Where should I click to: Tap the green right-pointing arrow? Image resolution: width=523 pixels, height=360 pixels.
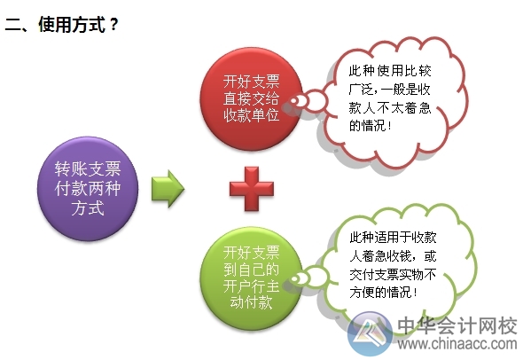click(x=167, y=188)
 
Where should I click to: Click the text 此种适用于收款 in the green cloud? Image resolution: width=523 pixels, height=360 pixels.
click(x=394, y=237)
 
